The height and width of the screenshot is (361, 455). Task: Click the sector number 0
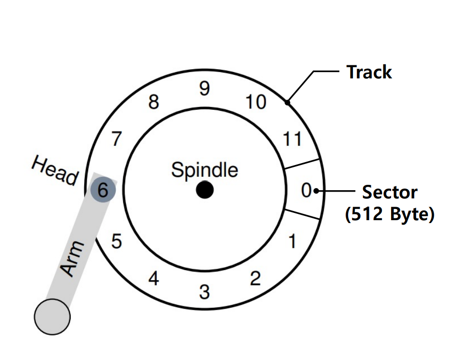pyautogui.click(x=306, y=191)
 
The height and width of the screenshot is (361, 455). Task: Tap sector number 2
pyautogui.click(x=255, y=278)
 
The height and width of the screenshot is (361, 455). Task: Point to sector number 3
pyautogui.click(x=204, y=292)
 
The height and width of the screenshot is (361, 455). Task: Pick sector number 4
pyautogui.click(x=153, y=279)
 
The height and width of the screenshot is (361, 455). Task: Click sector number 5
pyautogui.click(x=117, y=241)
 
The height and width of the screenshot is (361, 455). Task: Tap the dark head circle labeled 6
pyautogui.click(x=103, y=190)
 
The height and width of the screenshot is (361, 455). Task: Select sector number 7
pyautogui.click(x=116, y=140)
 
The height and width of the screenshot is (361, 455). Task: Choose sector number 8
pyautogui.click(x=153, y=103)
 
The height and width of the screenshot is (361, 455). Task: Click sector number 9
pyautogui.click(x=204, y=89)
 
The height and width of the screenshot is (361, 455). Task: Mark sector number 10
pyautogui.click(x=256, y=102)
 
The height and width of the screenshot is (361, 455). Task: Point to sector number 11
pyautogui.click(x=292, y=139)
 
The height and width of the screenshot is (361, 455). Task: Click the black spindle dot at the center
pyautogui.click(x=205, y=190)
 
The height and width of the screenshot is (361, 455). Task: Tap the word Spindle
pyautogui.click(x=205, y=170)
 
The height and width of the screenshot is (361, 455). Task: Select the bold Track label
pyautogui.click(x=369, y=72)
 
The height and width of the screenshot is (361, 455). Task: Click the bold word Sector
pyautogui.click(x=390, y=192)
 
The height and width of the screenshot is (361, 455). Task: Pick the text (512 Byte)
pyautogui.click(x=390, y=214)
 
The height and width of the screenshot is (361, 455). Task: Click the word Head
pyautogui.click(x=55, y=171)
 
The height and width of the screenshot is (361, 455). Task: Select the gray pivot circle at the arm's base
pyautogui.click(x=52, y=317)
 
